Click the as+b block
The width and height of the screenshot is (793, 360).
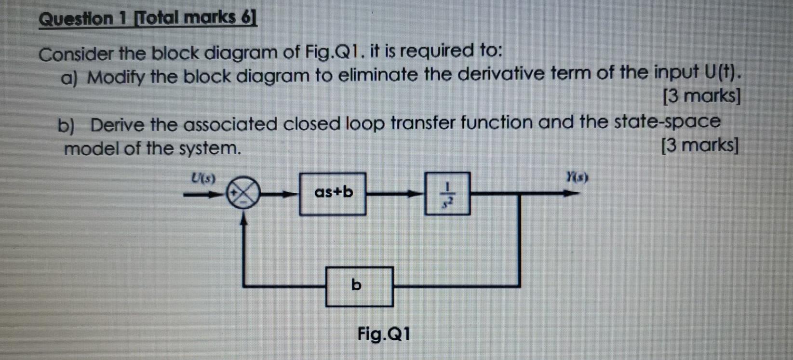333,193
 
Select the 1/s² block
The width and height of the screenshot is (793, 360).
447,193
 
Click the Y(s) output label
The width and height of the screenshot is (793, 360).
577,177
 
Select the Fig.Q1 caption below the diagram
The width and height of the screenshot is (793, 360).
384,333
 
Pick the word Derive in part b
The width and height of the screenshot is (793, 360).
118,125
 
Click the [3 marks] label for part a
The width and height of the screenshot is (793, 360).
701,96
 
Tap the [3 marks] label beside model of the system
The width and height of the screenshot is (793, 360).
699,145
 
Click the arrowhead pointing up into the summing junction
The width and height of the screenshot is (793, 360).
244,220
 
